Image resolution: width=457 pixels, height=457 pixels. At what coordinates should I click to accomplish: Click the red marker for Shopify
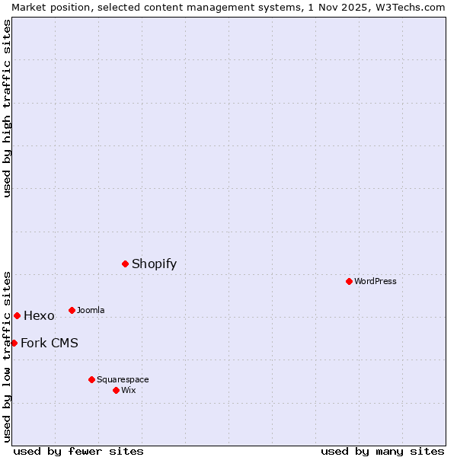coord(125,264)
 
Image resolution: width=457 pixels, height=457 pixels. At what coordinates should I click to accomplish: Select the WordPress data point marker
coord(349,281)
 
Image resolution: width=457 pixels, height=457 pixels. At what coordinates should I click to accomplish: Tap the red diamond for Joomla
coord(72,310)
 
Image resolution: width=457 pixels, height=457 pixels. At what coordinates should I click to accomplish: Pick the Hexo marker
coord(17,315)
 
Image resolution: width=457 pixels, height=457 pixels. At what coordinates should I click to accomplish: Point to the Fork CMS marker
coord(14,343)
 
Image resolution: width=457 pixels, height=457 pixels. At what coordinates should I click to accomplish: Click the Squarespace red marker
coord(91,379)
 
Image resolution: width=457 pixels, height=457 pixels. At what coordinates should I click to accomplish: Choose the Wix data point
coord(116,390)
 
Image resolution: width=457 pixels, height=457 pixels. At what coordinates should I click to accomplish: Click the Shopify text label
coord(154,264)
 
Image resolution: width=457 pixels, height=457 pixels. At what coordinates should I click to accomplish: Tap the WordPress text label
coord(376,281)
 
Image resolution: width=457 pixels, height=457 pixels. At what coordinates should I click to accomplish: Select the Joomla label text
coord(91,310)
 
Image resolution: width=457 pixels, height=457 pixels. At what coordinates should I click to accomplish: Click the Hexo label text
coord(39,316)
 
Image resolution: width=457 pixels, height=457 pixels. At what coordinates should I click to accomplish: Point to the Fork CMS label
coord(50,343)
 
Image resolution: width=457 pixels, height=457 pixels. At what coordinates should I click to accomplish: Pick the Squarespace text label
coord(123,379)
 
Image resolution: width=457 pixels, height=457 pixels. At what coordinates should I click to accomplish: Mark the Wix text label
coord(129,390)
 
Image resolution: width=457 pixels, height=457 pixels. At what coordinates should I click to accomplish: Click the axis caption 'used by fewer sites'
coord(78,451)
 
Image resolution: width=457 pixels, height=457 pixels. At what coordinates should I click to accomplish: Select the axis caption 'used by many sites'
coord(382,451)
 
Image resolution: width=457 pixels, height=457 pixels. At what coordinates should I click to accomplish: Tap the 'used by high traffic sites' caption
coord(7,108)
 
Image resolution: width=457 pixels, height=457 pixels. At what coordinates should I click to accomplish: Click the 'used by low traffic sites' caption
coord(7,356)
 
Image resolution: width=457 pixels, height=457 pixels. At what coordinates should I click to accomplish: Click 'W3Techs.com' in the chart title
coord(410,7)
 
